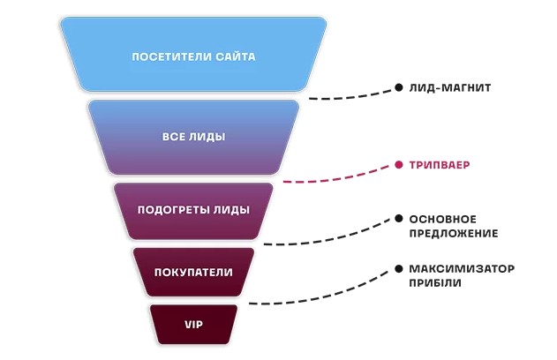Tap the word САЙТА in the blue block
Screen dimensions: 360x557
[235, 56]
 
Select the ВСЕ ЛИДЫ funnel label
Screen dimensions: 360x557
[193, 137]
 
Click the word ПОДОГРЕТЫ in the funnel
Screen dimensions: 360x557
[169, 210]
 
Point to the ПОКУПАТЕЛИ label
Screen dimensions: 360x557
[193, 272]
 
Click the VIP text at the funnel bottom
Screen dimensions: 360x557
[193, 325]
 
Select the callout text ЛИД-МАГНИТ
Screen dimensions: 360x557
[449, 88]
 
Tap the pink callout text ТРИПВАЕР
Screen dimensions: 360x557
[439, 165]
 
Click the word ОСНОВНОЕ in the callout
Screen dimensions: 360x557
[442, 218]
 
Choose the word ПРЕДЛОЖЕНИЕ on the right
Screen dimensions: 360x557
[453, 234]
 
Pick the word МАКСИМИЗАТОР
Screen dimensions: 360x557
[461, 268]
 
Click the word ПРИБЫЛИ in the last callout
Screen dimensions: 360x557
[434, 283]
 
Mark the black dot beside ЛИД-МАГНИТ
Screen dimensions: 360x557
[399, 88]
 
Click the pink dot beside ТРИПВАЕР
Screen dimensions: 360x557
[399, 165]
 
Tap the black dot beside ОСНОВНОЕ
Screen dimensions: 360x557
[399, 218]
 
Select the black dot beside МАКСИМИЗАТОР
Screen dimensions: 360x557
[399, 268]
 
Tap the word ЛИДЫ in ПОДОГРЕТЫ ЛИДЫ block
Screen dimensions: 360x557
[234, 210]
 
